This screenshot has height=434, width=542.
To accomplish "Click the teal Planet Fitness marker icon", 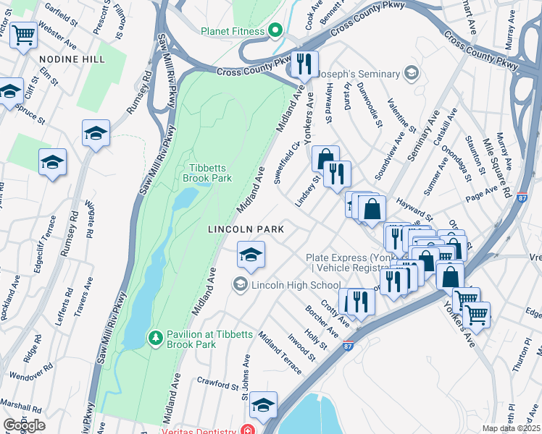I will click(x=275, y=31).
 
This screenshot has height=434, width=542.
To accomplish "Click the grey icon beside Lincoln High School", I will click(x=240, y=285).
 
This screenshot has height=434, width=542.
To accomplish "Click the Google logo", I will click(x=24, y=425).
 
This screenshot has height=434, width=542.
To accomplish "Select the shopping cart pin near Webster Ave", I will click(x=24, y=33).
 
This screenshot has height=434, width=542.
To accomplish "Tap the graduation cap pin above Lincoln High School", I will click(x=251, y=255).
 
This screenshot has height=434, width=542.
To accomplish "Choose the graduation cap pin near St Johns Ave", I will click(x=264, y=405).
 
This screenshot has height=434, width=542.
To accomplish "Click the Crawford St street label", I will click(x=217, y=383).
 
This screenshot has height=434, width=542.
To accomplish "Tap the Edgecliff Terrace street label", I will click(x=38, y=244).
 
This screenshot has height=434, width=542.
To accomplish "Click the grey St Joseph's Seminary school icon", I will click(x=412, y=74).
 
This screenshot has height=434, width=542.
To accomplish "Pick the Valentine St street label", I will click(x=401, y=116).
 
